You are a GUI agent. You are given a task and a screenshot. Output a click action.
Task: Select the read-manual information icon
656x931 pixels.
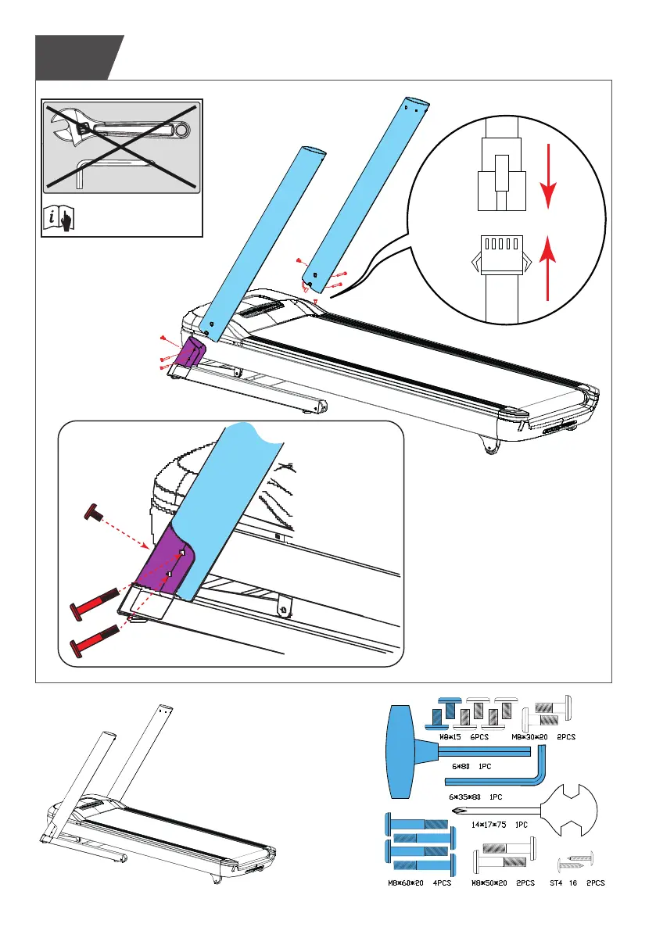(59, 219)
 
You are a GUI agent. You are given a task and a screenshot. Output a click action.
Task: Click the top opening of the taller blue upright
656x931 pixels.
(418, 102)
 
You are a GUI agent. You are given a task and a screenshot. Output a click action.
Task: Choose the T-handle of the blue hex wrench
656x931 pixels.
(407, 750)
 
